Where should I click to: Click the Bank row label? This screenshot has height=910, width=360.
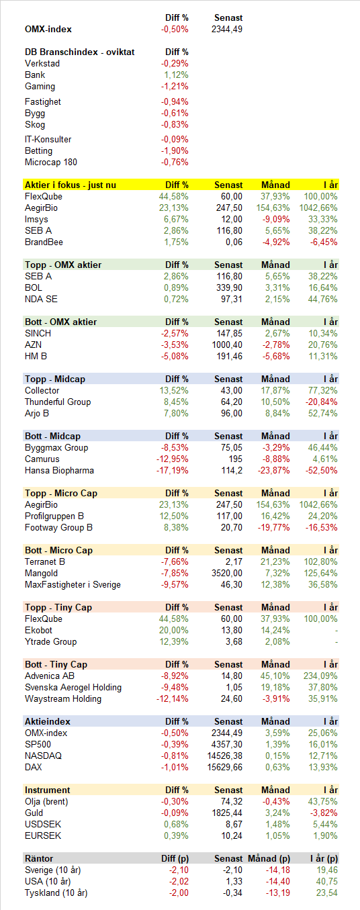(35, 75)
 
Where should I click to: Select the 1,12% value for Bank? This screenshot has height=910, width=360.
(177, 75)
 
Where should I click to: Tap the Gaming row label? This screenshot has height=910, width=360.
(40, 87)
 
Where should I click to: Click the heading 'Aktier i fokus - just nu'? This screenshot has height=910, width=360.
(71, 185)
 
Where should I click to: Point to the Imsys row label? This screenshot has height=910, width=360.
(36, 220)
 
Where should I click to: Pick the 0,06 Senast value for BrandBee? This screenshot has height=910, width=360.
(234, 242)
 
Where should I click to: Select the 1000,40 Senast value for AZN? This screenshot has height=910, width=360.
(227, 345)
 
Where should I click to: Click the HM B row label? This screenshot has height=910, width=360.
(36, 357)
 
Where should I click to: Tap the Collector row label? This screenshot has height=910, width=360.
(42, 391)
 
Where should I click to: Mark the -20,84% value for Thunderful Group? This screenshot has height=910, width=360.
(322, 402)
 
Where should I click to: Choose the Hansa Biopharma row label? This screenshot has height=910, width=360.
(59, 471)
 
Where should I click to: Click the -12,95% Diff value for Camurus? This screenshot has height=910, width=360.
(173, 459)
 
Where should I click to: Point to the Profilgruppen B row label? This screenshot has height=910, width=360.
(54, 516)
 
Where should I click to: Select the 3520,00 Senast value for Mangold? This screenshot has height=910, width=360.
(227, 574)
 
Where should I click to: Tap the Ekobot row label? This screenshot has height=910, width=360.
(38, 631)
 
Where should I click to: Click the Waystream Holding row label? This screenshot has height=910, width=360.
(63, 699)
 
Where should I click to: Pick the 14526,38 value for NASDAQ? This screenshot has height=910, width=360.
(225, 756)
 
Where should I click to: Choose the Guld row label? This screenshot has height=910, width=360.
(34, 813)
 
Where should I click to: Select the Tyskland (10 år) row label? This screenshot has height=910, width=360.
(56, 893)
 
